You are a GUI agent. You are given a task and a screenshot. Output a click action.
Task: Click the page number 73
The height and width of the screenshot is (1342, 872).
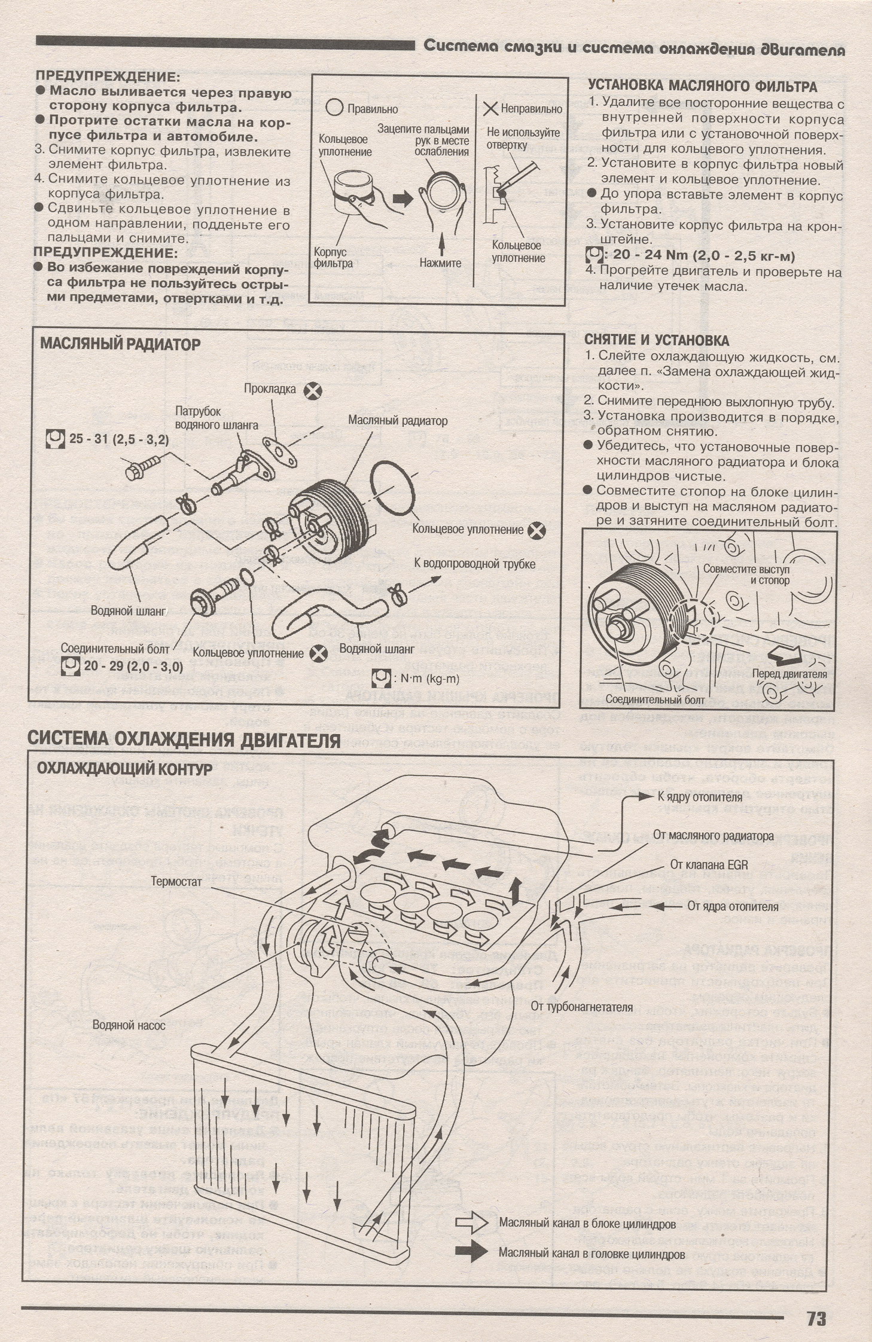point(816,1298)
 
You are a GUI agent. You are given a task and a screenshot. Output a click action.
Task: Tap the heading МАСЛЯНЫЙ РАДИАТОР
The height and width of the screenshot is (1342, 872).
point(120,345)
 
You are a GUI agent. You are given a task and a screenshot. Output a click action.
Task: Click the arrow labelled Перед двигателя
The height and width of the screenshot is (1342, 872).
point(784,656)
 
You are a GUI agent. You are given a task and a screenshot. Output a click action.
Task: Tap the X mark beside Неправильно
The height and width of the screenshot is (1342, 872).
point(490,109)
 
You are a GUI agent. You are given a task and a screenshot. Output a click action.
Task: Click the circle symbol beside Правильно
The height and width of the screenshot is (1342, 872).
point(336,108)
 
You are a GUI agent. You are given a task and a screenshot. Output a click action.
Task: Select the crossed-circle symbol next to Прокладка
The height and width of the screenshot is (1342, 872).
point(312,391)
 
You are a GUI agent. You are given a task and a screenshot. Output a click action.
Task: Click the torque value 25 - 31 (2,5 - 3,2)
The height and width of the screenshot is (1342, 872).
point(118,439)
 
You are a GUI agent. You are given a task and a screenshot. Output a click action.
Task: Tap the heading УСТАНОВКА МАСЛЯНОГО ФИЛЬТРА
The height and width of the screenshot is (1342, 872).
point(703,86)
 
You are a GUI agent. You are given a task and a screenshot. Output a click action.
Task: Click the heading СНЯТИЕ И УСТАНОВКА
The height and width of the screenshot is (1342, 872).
point(656,340)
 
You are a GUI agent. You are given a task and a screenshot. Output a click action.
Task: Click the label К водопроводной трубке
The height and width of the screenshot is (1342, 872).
point(474,564)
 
